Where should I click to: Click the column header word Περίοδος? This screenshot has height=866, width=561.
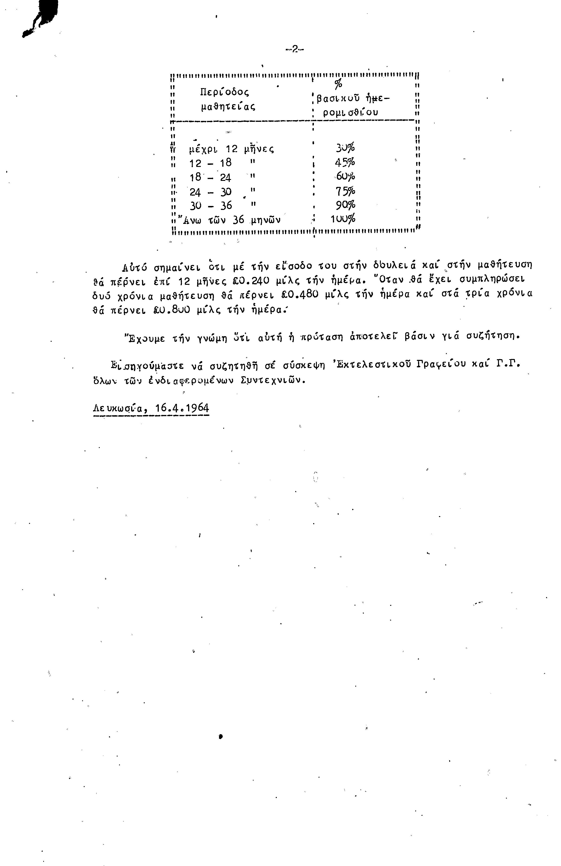point(224,92)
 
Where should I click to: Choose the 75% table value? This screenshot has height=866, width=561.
point(345,191)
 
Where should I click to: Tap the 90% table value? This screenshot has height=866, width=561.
point(345,205)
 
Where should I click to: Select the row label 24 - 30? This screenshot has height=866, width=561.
point(211,192)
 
